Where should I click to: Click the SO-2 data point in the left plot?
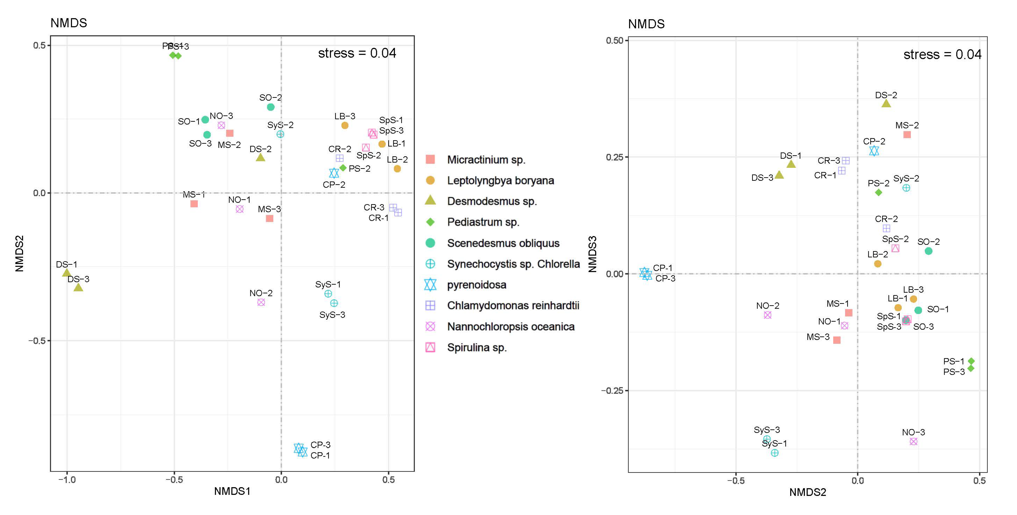pyautogui.click(x=270, y=107)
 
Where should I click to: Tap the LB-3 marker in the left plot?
pyautogui.click(x=345, y=126)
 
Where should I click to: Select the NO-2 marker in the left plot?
pyautogui.click(x=261, y=302)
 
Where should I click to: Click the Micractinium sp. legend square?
pyautogui.click(x=430, y=159)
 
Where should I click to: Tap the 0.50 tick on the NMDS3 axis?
pyautogui.click(x=614, y=41)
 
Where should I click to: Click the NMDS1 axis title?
pyautogui.click(x=232, y=491)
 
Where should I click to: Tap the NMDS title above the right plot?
pyautogui.click(x=646, y=24)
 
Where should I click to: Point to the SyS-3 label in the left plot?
pyautogui.click(x=332, y=315)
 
